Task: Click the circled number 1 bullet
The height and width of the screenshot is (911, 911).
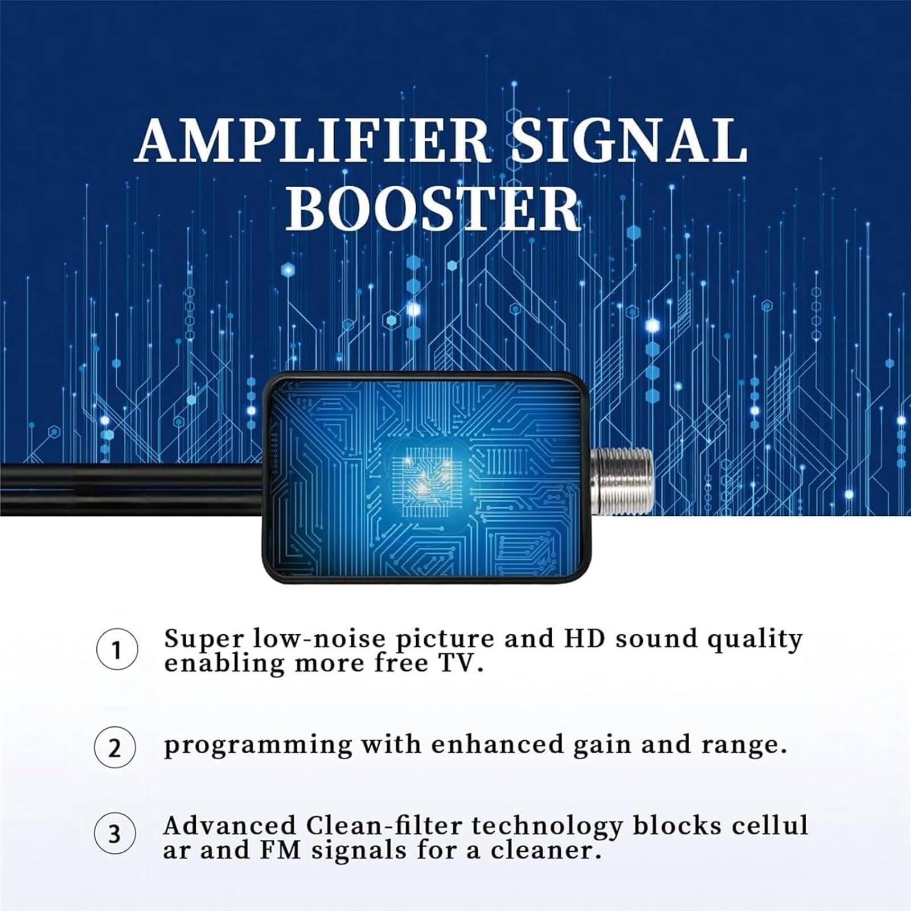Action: pyautogui.click(x=116, y=649)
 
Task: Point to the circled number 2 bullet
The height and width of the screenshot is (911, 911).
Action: pyautogui.click(x=115, y=748)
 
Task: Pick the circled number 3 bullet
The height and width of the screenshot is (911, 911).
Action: pyautogui.click(x=115, y=834)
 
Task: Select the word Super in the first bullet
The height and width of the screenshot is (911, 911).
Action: pyautogui.click(x=204, y=639)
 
